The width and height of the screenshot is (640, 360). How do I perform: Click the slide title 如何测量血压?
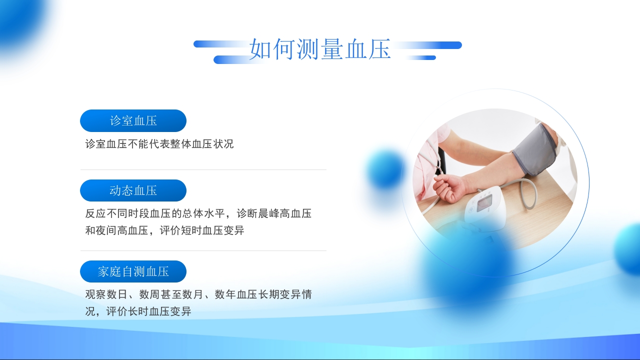320,49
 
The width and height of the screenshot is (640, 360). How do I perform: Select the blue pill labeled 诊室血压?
133,120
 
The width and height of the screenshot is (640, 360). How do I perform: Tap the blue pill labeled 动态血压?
133,190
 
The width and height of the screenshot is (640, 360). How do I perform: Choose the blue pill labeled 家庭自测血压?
133,271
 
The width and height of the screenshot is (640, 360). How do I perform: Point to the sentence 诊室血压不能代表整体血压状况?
159,144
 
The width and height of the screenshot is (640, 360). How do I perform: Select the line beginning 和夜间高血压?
164,230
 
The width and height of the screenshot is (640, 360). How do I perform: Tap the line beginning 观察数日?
198,294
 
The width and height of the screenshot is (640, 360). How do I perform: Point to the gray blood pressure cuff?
534,150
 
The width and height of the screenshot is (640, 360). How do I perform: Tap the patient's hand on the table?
450,187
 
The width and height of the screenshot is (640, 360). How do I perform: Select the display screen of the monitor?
484,203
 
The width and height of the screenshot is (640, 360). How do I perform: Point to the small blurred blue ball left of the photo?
385,170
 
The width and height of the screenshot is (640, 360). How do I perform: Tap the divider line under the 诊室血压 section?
203,170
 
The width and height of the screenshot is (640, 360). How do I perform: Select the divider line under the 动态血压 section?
203,250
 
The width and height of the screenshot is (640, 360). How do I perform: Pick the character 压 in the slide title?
379,49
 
